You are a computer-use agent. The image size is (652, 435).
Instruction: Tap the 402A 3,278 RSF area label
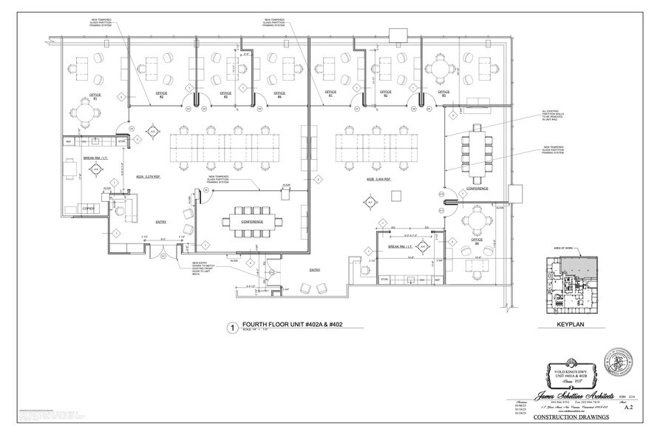click(149, 178)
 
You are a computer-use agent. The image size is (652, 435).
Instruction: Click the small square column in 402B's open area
click(397, 194)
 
